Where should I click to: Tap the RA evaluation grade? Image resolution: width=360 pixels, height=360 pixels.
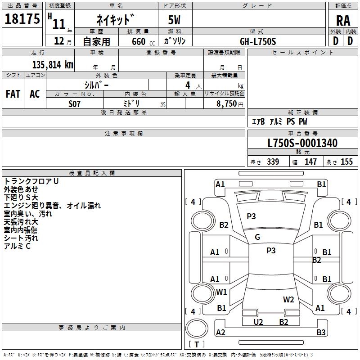point(343,21)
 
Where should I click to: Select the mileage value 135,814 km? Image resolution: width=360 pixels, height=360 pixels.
point(52,65)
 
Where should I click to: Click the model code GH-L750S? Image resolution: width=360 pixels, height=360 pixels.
point(258,41)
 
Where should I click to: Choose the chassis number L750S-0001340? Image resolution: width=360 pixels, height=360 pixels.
point(302,144)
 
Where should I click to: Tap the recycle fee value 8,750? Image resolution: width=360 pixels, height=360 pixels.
point(226,103)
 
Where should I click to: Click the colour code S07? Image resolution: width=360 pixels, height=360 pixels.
point(75,103)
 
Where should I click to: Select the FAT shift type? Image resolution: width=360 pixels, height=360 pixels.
point(13,94)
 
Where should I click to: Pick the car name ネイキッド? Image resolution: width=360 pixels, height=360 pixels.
point(116,20)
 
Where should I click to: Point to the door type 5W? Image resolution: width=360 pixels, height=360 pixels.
point(175,20)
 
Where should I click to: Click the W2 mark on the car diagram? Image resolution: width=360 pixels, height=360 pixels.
point(288,299)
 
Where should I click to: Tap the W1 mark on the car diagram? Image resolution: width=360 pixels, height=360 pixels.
point(221,292)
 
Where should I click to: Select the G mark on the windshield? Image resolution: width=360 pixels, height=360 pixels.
point(257,237)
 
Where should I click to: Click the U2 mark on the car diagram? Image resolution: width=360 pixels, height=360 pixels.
point(258,322)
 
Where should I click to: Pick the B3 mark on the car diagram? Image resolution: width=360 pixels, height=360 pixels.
point(321,333)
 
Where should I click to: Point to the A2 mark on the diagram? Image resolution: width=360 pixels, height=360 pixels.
point(220,333)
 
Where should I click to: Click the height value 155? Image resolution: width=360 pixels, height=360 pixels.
point(346,162)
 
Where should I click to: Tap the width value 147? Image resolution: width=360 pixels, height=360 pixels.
point(310,162)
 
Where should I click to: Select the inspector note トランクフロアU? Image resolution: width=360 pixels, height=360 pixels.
point(31,181)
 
